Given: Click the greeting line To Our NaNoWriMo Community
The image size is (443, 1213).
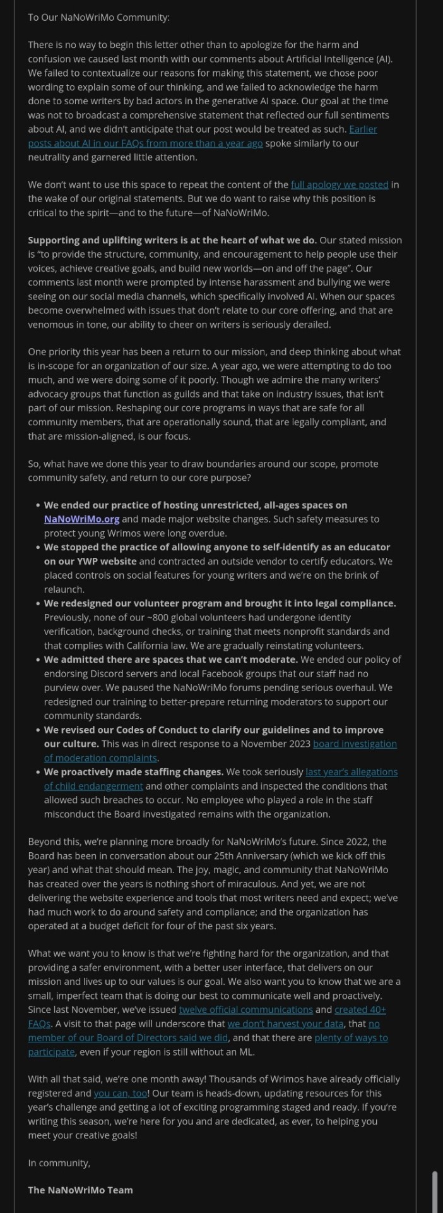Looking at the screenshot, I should coord(98,18).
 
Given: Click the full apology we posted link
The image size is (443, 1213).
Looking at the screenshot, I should coord(340,184).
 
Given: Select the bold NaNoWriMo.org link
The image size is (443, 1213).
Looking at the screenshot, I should coord(81,519).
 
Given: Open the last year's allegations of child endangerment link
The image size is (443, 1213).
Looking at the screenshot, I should coord(351,772).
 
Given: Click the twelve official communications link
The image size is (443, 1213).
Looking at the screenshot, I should coord(245,1010).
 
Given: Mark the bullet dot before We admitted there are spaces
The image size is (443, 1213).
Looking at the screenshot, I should coord(38,660).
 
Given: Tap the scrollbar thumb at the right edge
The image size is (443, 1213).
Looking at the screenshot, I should coord(434,1188).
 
